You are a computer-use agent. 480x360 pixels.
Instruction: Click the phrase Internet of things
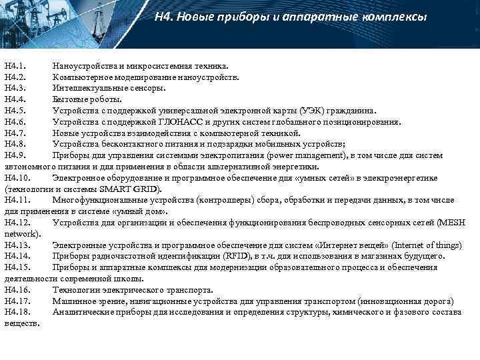pyautogui.click(x=401, y=245)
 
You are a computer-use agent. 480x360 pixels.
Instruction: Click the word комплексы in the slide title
pyautogui.click(x=393, y=17)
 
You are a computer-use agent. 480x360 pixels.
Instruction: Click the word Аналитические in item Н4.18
pyautogui.click(x=83, y=312)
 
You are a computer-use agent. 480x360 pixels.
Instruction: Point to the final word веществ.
pyautogui.click(x=22, y=323)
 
